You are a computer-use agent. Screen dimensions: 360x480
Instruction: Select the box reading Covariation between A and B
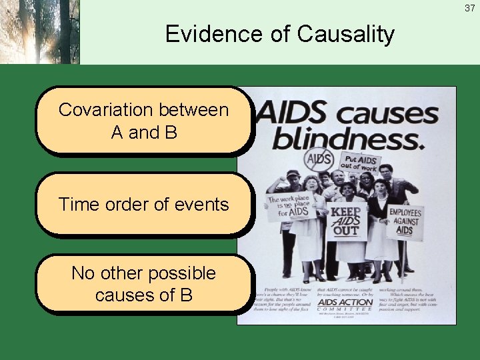143,121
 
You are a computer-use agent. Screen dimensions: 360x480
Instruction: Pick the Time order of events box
143,205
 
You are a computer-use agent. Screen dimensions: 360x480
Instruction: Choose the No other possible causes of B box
143,283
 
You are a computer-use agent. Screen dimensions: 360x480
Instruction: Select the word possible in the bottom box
181,273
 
